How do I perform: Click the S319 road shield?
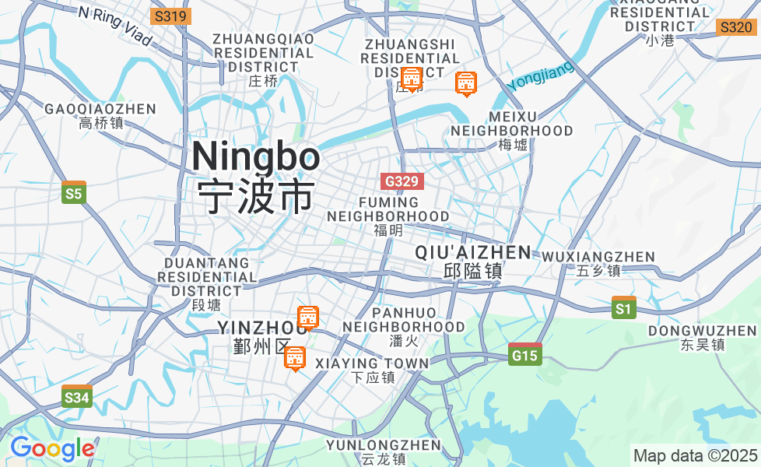click(x=170, y=16)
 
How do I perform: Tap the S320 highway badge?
click(x=735, y=27)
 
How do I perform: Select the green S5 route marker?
click(x=73, y=193)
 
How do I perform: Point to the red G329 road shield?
click(x=403, y=181)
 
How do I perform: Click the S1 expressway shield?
click(x=623, y=309)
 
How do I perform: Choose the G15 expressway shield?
click(x=524, y=356)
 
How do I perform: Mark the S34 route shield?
click(x=77, y=398)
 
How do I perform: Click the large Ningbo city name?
click(x=255, y=157)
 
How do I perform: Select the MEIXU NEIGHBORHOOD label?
click(x=512, y=124)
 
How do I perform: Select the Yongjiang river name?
click(x=540, y=76)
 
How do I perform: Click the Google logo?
click(x=52, y=449)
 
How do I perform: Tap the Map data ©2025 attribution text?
click(x=695, y=455)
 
